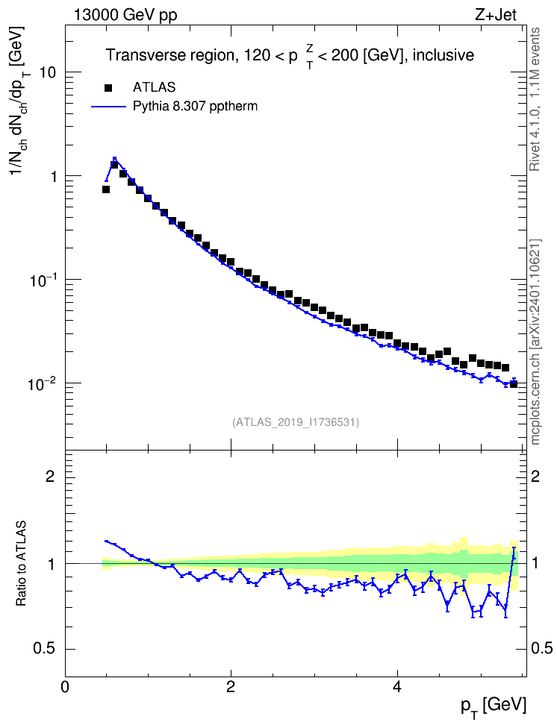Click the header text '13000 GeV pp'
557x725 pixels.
(x=125, y=15)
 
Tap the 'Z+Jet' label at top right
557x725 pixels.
(x=496, y=15)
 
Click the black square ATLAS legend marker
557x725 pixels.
(x=108, y=87)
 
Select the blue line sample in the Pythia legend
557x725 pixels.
(x=109, y=107)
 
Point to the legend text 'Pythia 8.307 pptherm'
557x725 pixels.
(x=195, y=107)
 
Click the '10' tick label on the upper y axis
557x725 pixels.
(x=49, y=72)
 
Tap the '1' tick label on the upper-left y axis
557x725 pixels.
(x=55, y=176)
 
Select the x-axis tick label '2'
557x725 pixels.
(x=231, y=686)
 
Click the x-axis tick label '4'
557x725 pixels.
(x=396, y=686)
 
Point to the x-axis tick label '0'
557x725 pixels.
(x=65, y=686)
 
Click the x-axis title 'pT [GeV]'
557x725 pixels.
(x=494, y=706)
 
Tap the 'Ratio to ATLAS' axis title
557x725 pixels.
(x=21, y=564)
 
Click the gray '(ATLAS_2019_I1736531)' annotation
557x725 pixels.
(x=296, y=422)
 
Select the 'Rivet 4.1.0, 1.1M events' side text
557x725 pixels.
(x=535, y=99)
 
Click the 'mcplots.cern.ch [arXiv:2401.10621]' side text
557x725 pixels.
(x=535, y=342)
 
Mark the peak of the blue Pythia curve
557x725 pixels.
(x=114, y=159)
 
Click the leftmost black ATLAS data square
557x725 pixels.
(x=106, y=189)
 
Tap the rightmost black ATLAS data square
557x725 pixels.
(x=514, y=384)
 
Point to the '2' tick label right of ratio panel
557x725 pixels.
(x=535, y=476)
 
